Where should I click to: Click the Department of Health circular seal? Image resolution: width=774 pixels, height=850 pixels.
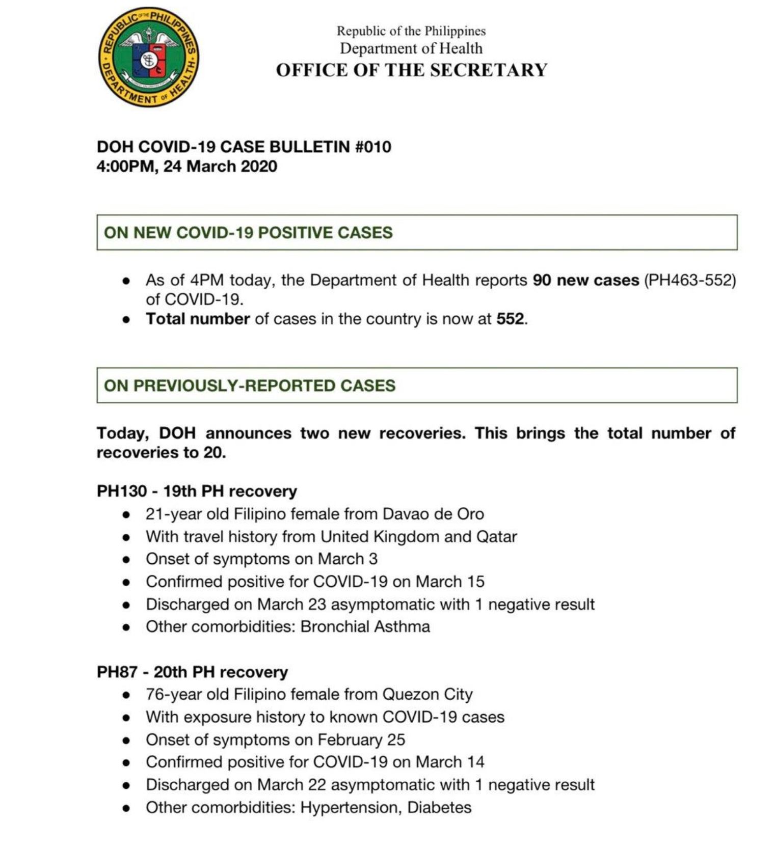pos(148,57)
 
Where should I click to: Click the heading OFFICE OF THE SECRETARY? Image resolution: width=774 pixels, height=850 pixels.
pos(411,70)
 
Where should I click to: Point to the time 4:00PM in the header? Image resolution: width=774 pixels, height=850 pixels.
pos(125,167)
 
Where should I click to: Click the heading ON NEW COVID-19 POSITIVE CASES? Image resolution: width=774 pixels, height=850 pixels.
pos(248,233)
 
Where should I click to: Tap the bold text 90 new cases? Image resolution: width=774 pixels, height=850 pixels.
pos(585,280)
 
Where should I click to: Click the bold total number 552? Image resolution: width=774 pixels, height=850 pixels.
pos(511,319)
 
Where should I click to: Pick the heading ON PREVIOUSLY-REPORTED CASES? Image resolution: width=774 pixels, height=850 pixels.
pos(250,386)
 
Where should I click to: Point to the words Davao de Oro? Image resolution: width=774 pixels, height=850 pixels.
pos(433,514)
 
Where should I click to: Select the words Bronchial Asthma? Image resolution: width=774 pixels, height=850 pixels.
pos(365,626)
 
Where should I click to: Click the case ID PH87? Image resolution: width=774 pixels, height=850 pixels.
pos(117,672)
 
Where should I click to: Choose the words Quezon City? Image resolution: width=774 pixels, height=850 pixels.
pos(428,695)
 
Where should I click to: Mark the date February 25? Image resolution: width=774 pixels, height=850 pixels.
pos(361,739)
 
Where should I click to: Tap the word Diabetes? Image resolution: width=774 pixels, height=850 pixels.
pos(439,807)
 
